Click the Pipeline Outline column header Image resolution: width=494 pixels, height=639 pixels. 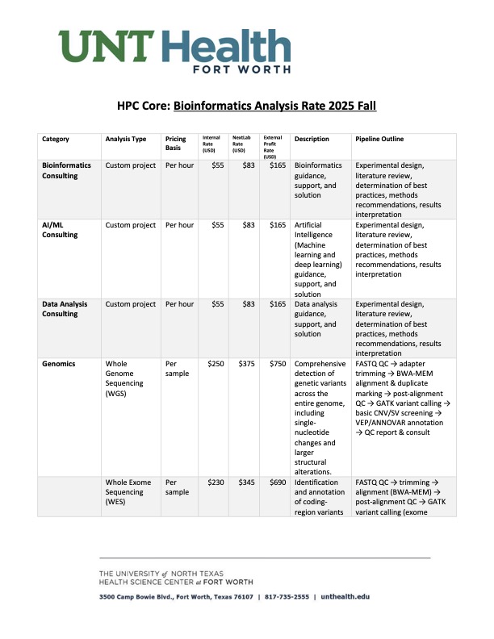point(380,139)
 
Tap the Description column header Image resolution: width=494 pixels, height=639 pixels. point(312,139)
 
